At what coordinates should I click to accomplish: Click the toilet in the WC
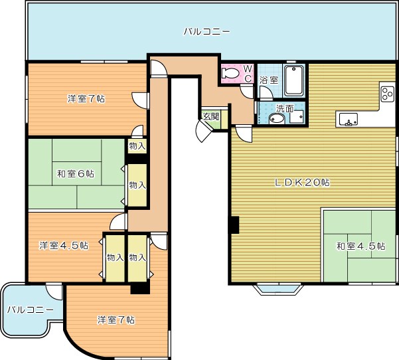230,74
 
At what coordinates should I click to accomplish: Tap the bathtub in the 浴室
293,81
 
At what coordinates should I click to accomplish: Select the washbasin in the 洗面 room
277,119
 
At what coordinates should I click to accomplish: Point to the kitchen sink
348,120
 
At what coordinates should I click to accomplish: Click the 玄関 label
211,117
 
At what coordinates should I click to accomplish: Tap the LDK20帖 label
302,182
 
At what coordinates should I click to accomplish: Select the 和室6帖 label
76,174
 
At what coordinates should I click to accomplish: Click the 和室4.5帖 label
360,246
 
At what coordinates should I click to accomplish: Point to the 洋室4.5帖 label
64,246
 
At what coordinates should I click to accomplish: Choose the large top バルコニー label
206,32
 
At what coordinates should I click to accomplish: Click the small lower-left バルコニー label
31,310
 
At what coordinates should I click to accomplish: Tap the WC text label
248,74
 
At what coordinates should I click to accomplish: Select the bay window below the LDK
278,289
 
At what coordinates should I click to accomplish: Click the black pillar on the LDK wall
234,225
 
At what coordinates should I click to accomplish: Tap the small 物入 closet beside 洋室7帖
137,146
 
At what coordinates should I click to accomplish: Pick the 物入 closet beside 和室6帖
137,185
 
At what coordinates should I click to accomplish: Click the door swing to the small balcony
54,292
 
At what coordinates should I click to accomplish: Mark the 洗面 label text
285,109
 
